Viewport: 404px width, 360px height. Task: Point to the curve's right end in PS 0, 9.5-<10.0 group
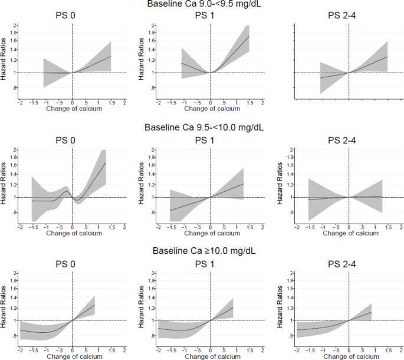[x=106, y=162]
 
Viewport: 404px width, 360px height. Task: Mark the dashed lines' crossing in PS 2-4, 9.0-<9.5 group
[x=349, y=73]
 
